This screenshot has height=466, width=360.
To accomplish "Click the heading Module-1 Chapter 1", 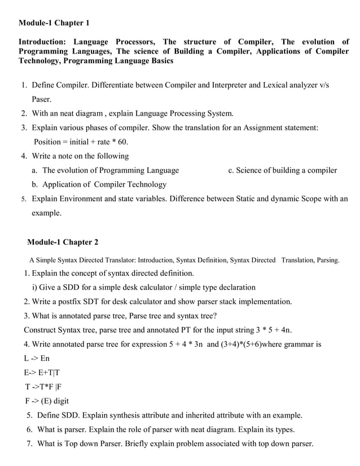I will coord(54,23).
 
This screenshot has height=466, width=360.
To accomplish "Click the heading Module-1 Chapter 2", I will coord(63,242).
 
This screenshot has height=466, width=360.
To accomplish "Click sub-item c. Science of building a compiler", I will coord(282,170).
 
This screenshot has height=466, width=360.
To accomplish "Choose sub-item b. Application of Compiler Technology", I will coord(99,184).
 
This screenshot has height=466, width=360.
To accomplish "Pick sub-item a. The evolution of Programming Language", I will coord(106,170).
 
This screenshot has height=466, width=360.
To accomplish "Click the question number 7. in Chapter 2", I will coord(30,443).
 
